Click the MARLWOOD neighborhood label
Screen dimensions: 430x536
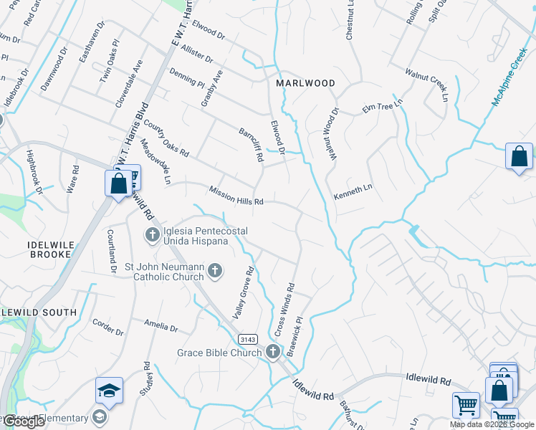(x=306, y=83)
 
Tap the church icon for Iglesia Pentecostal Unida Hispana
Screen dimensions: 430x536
(x=152, y=234)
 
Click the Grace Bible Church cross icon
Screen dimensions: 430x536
(x=273, y=352)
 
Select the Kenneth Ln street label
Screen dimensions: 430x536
(x=353, y=191)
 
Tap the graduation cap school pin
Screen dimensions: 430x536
(x=109, y=391)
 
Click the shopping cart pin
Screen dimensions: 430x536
(x=466, y=404)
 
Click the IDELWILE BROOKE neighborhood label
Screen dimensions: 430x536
(x=49, y=249)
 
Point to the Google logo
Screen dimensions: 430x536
(x=24, y=421)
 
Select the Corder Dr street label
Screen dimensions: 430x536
(x=108, y=326)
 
